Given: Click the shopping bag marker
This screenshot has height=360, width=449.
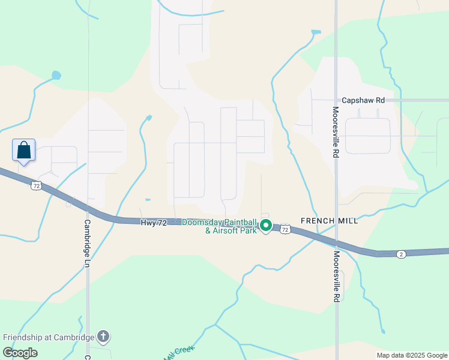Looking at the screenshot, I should [x=23, y=150].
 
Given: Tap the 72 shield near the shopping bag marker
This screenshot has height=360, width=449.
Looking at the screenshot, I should [x=36, y=186].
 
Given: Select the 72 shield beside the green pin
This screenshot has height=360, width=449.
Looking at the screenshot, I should [x=285, y=229].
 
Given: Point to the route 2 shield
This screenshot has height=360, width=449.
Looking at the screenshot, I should [x=401, y=254].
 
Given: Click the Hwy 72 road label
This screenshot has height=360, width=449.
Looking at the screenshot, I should [x=153, y=223].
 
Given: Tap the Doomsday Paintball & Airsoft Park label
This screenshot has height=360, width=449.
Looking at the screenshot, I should [x=219, y=226].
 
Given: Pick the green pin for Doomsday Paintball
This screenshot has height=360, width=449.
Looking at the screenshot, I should [x=266, y=226].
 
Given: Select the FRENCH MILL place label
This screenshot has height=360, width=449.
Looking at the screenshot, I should [x=329, y=221].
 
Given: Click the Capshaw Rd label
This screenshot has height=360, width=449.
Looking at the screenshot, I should [x=363, y=101].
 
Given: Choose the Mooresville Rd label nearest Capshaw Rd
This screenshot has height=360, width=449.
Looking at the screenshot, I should [x=336, y=132].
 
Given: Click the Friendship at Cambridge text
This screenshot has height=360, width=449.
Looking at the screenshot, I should [x=48, y=337].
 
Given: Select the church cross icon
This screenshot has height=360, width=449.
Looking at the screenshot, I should [x=103, y=337].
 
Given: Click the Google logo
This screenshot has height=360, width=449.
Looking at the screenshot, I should [x=20, y=353].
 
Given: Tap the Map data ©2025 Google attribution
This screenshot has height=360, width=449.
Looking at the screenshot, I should [x=411, y=355].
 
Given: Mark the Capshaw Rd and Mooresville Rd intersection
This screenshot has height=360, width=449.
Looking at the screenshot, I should [x=336, y=100].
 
